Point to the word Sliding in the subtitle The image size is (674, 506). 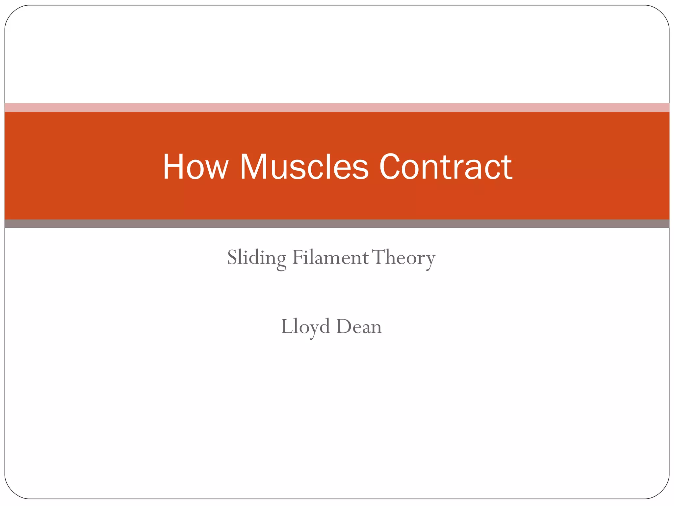[x=257, y=258]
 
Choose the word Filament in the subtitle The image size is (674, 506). [x=330, y=258]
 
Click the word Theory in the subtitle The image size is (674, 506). [x=404, y=258]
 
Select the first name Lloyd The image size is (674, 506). [x=305, y=327]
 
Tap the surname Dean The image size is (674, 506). [x=359, y=327]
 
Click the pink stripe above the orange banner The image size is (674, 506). [x=337, y=107]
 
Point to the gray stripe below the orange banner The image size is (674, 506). [x=337, y=224]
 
